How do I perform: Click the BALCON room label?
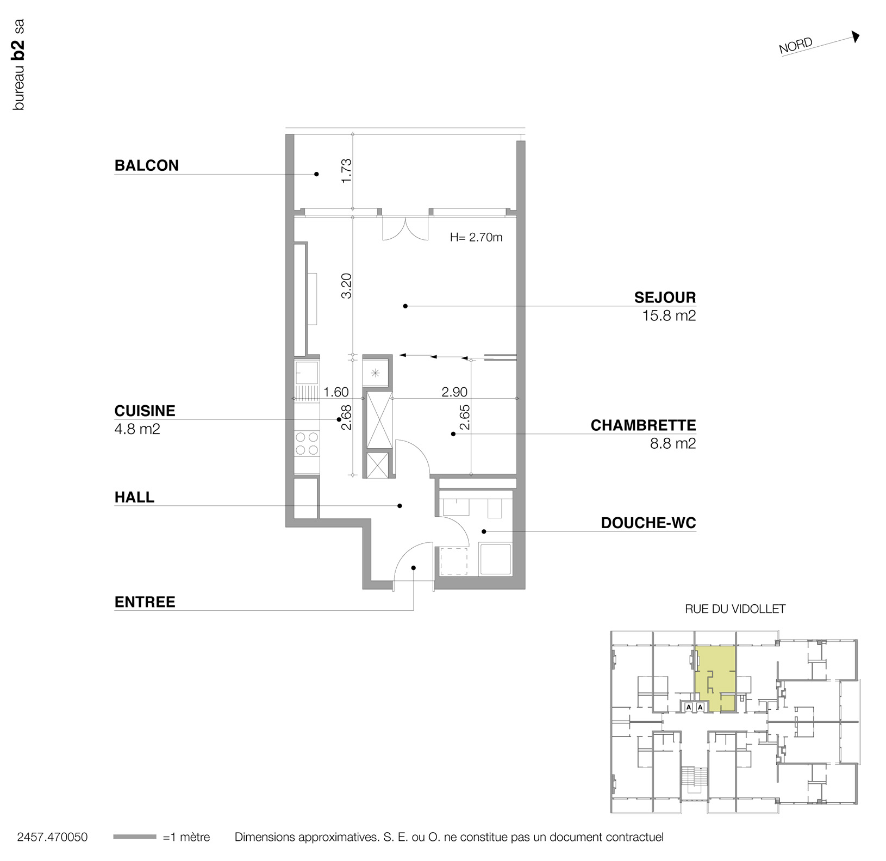[x=146, y=165]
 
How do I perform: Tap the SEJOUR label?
[x=664, y=298]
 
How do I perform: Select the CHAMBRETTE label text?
[x=643, y=425]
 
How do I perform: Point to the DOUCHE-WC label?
[x=648, y=523]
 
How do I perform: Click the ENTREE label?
[x=145, y=602]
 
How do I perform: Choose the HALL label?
[x=134, y=497]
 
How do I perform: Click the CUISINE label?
[x=145, y=411]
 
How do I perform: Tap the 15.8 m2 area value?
[x=669, y=316]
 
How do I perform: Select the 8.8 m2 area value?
[x=672, y=444]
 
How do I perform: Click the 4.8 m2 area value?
[x=137, y=429]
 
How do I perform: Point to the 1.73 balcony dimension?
[x=346, y=171]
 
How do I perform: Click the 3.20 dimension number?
[x=346, y=286]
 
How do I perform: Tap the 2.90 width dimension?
[x=454, y=392]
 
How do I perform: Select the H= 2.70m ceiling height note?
[x=476, y=237]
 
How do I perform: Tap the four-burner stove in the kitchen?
[x=307, y=443]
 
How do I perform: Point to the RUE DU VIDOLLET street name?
[x=735, y=609]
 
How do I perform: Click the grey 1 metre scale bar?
[x=135, y=837]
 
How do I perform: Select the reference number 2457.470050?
[x=52, y=837]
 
